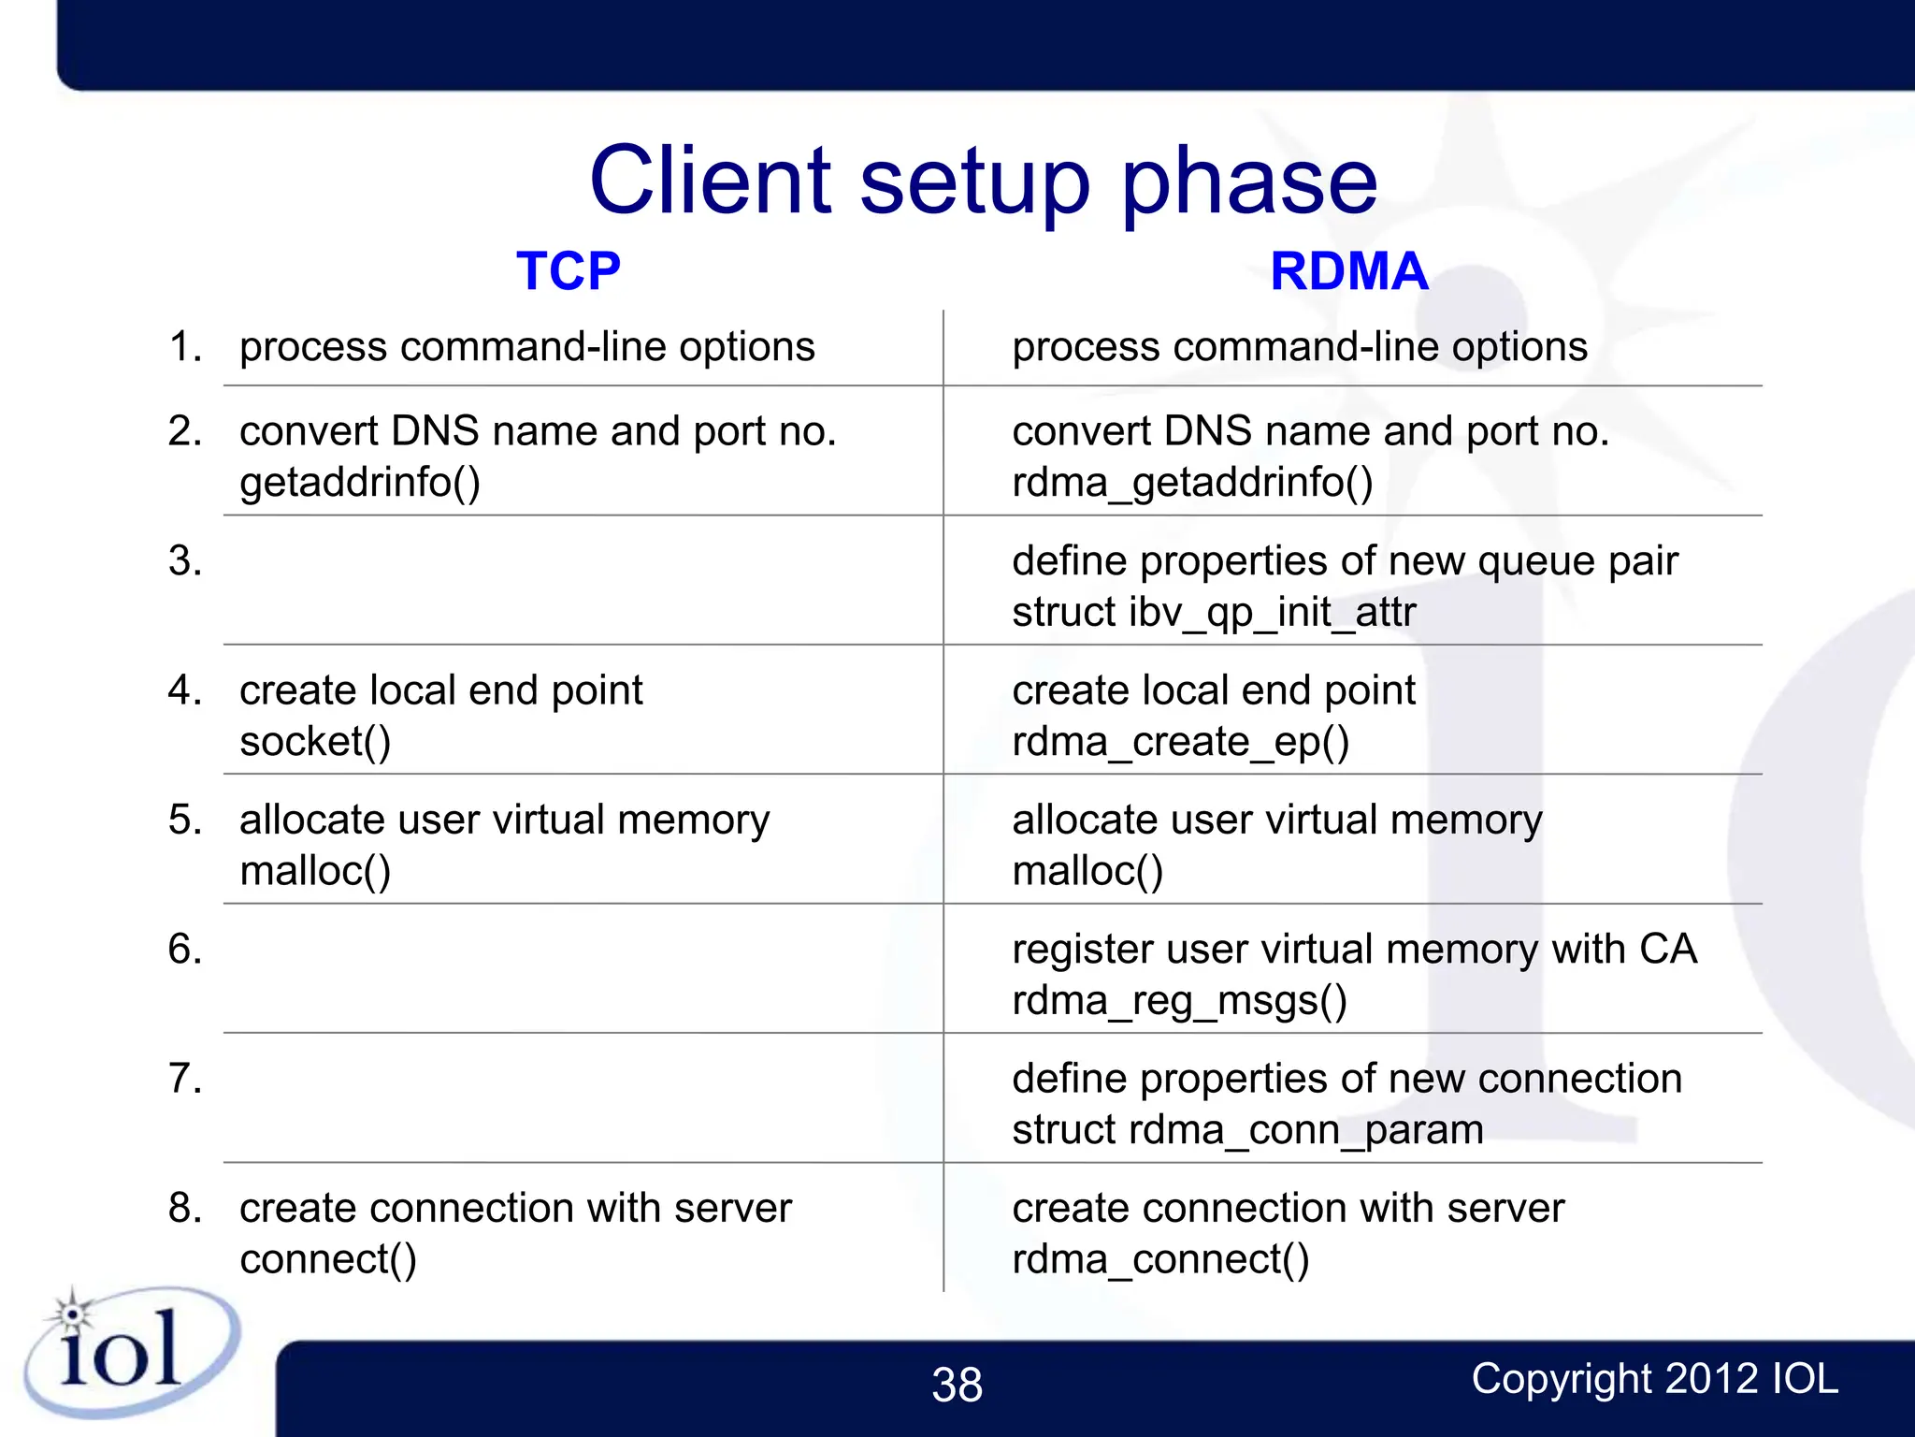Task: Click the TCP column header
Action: click(x=568, y=272)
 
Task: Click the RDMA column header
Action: click(x=1348, y=272)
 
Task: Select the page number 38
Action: click(x=957, y=1385)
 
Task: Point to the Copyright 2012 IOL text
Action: click(x=1654, y=1379)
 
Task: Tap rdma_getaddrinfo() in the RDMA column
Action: click(x=1192, y=483)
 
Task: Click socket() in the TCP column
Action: click(x=315, y=742)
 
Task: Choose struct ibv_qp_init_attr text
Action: click(x=1214, y=613)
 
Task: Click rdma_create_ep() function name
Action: click(x=1181, y=742)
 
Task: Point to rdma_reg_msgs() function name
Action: click(x=1179, y=1001)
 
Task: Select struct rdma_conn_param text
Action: click(x=1247, y=1130)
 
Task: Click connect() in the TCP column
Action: click(x=328, y=1259)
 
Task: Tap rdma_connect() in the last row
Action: click(x=1160, y=1259)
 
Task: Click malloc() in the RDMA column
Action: click(x=1087, y=871)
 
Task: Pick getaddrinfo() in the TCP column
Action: click(x=360, y=483)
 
